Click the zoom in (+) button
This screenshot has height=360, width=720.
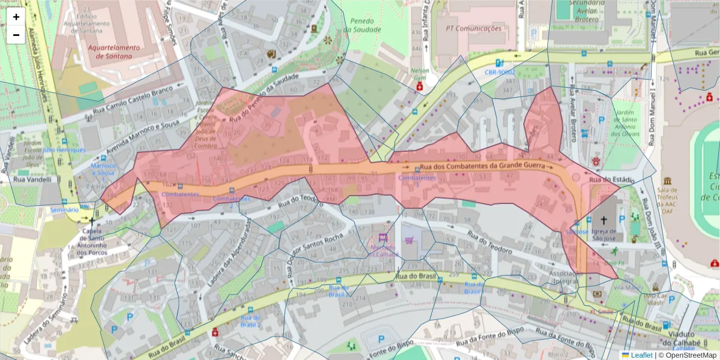tap(16, 17)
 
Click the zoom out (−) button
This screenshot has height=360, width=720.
tap(16, 35)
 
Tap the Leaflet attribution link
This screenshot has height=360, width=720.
tap(641, 355)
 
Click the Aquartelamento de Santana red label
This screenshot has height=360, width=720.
tap(113, 52)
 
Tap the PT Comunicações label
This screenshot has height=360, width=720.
tap(473, 28)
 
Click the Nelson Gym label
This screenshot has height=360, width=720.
tap(419, 74)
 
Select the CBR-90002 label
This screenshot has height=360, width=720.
tap(501, 72)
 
